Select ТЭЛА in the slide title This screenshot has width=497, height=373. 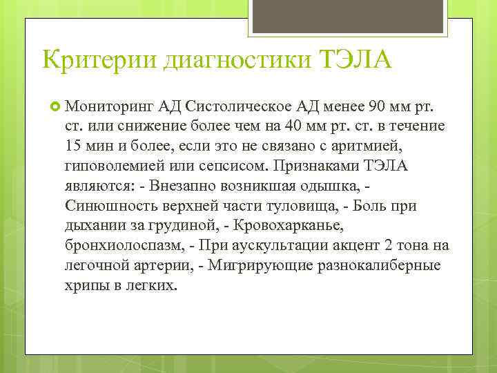(x=355, y=59)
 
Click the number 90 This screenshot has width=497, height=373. (x=382, y=107)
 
